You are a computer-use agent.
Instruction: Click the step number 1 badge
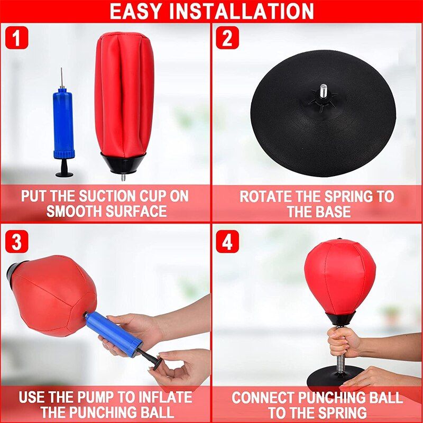(17, 38)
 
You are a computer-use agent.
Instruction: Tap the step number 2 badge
(227, 38)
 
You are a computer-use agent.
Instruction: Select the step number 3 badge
(17, 242)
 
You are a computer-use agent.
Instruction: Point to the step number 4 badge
(227, 242)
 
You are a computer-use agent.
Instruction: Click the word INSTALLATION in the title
(242, 11)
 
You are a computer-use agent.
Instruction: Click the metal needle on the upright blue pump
(62, 77)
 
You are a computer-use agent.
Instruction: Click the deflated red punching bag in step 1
(124, 96)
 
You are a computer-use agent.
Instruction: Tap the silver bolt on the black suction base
(324, 90)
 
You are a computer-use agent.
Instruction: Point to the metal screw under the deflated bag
(123, 177)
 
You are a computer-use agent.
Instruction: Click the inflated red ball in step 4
(340, 277)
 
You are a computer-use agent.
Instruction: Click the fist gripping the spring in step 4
(344, 341)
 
